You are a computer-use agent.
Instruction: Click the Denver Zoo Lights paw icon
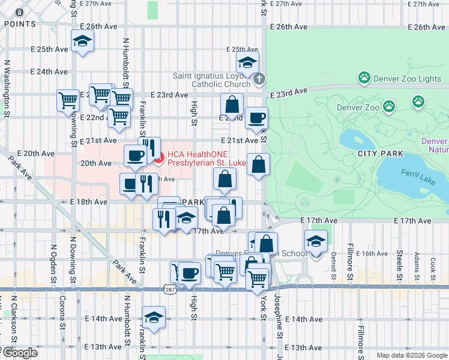364,78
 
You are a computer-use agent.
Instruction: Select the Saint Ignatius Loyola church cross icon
259,79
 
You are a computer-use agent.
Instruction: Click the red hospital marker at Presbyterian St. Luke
159,158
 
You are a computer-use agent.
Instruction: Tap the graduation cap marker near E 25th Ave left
82,42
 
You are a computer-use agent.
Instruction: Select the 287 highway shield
170,289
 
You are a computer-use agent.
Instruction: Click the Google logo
19,353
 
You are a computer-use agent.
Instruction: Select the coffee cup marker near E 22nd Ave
256,118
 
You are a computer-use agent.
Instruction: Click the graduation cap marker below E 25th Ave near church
247,62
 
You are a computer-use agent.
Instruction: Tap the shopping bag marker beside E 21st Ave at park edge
258,164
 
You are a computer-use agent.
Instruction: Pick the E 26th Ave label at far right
426,28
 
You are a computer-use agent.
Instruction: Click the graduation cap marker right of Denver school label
316,241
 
